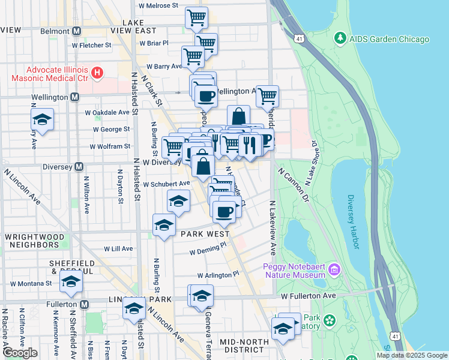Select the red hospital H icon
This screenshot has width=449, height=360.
pyautogui.click(x=97, y=74)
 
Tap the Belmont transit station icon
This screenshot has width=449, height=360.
pyautogui.click(x=76, y=31)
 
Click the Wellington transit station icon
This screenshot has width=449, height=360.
pyautogui.click(x=74, y=97)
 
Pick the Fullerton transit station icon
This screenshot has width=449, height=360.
pyautogui.click(x=85, y=305)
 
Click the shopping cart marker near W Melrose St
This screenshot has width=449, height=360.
pyautogui.click(x=196, y=18)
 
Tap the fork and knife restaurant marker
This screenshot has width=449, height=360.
pyautogui.click(x=249, y=145)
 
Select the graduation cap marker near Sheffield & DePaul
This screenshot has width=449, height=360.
pyautogui.click(x=71, y=282)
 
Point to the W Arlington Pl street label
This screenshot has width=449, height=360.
pyautogui.click(x=214, y=274)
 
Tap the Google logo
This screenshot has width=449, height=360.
pyautogui.click(x=20, y=353)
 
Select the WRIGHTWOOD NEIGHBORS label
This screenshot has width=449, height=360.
pyautogui.click(x=33, y=241)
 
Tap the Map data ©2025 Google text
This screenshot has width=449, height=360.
pyautogui.click(x=411, y=355)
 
